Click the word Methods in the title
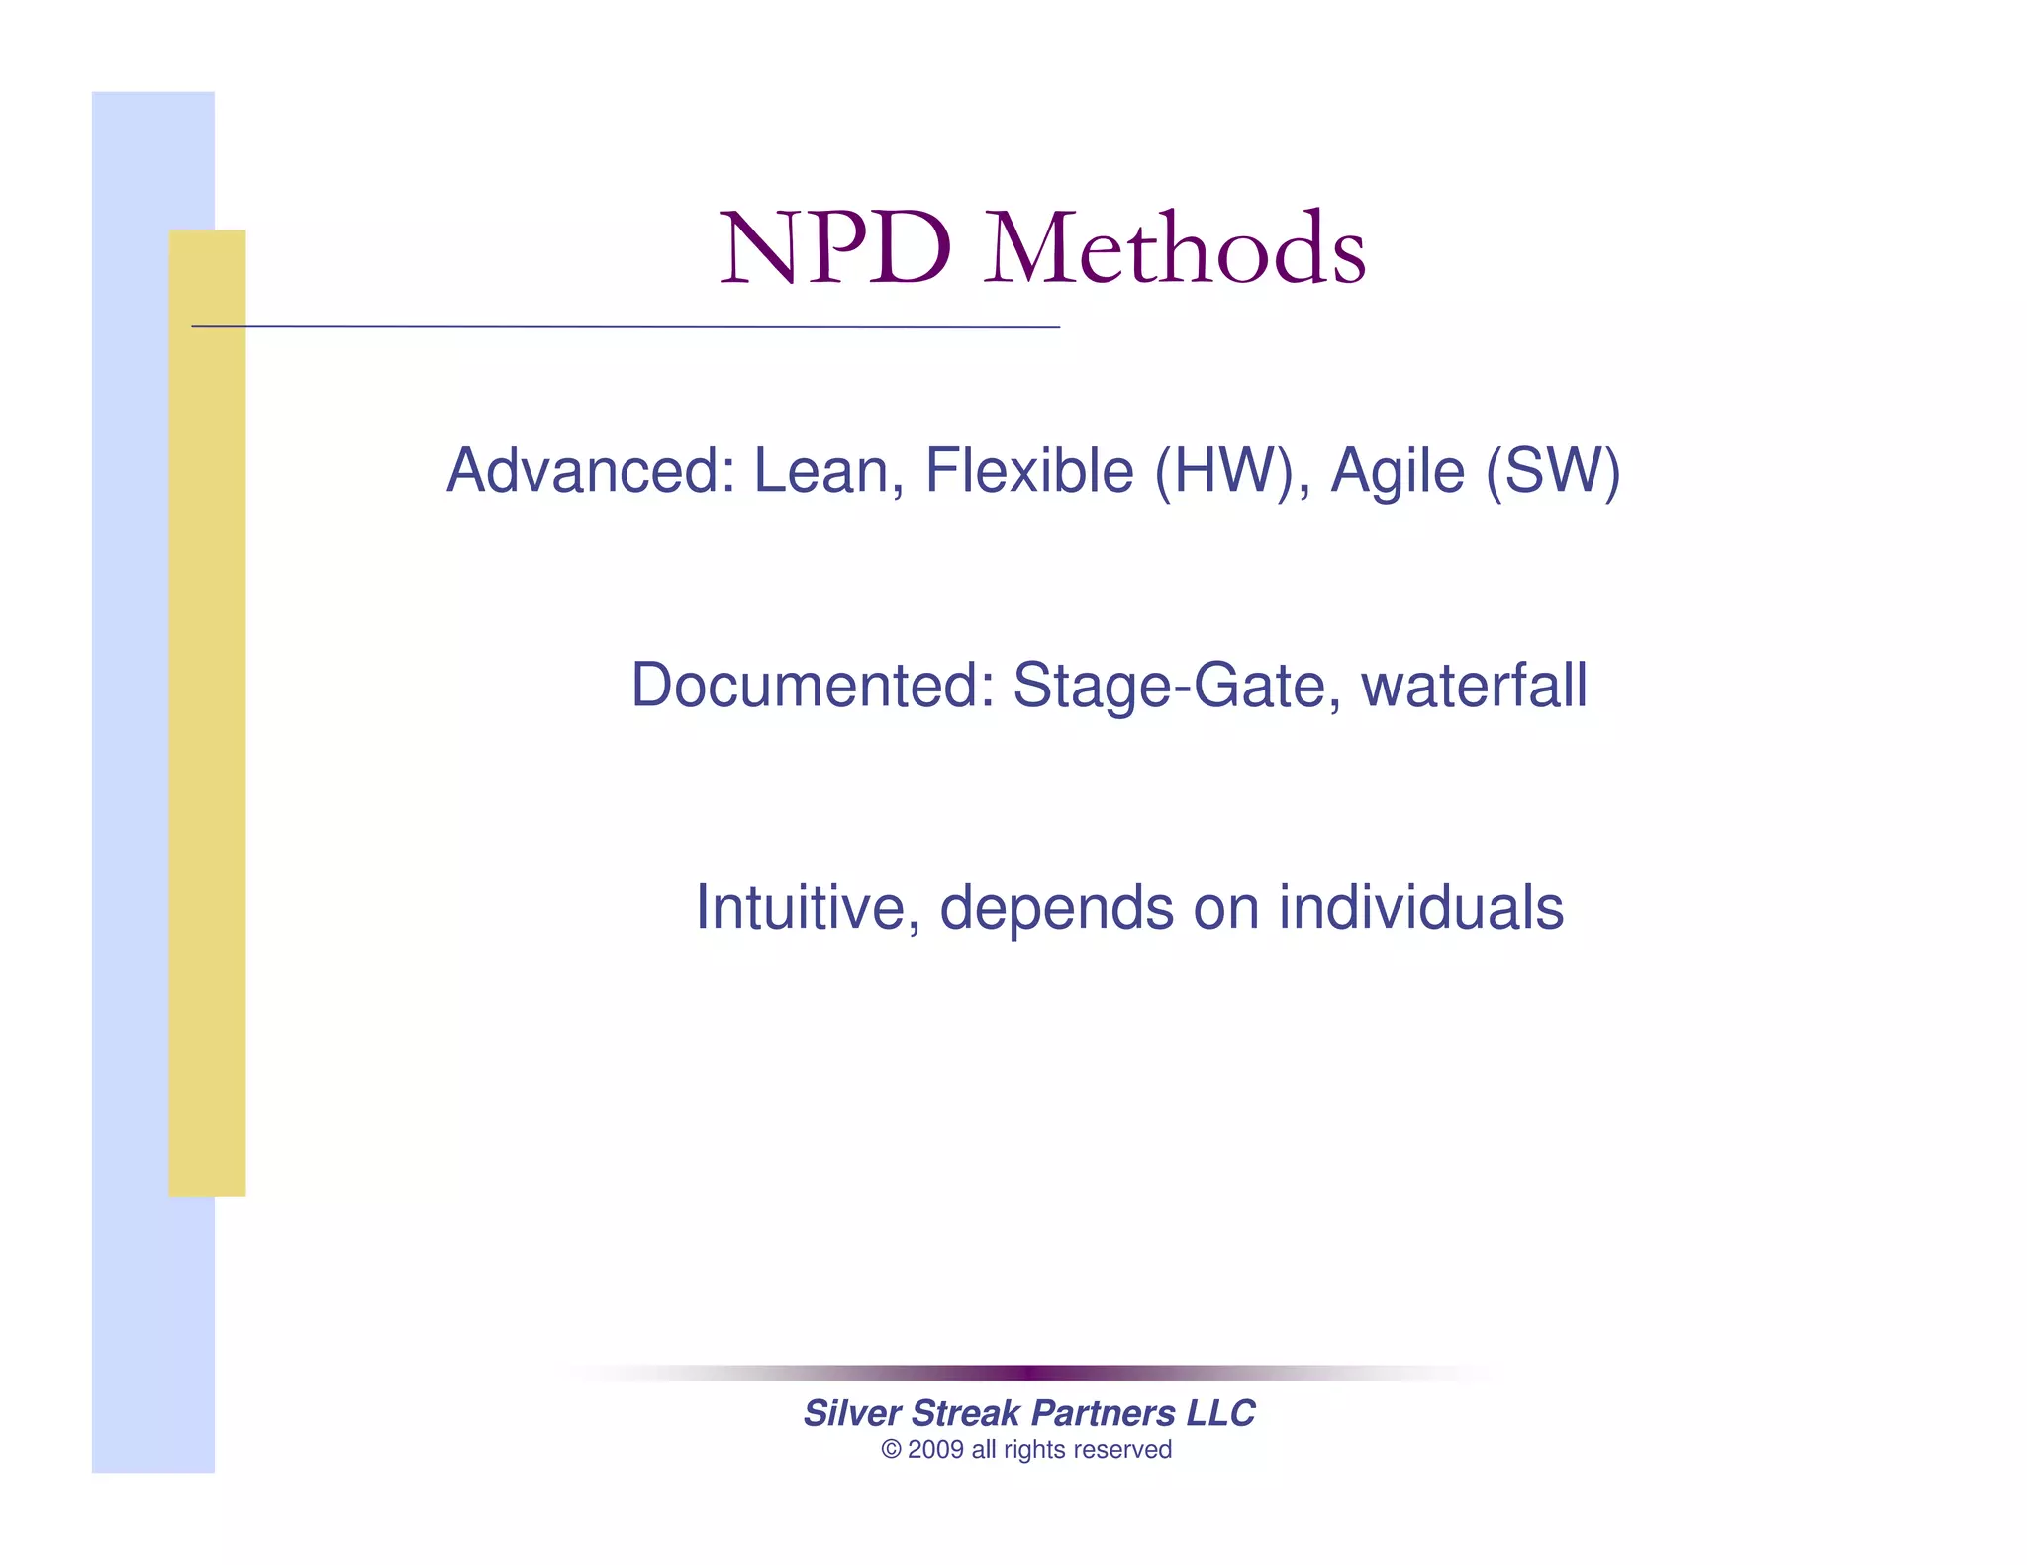tap(1175, 249)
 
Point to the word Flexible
tap(1028, 470)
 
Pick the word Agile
tap(1397, 472)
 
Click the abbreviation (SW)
tap(1552, 471)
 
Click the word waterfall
tap(1474, 685)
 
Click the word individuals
tap(1420, 908)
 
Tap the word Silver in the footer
tap(851, 1413)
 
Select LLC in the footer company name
tap(1220, 1413)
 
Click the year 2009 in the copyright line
tap(935, 1450)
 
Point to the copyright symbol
tap(891, 1450)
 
